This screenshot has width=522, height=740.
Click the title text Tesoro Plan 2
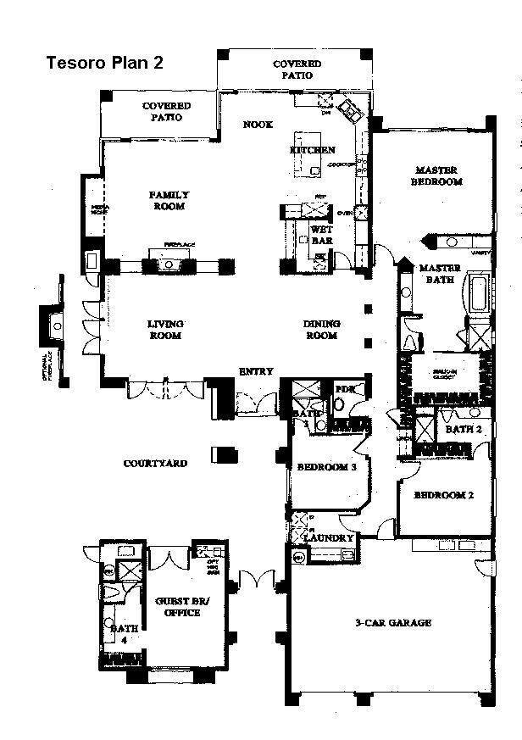pos(103,63)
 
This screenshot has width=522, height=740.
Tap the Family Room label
pos(169,200)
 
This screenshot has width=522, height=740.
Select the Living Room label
pos(165,329)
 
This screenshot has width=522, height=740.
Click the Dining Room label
pos(322,329)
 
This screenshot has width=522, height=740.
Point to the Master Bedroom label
pos(436,175)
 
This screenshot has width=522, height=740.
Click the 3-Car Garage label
pos(392,622)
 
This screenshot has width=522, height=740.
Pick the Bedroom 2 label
pos(443,495)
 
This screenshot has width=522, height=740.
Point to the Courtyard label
pos(155,464)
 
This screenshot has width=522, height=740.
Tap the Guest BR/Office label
pos(177,607)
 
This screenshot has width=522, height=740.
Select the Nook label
pos(257,125)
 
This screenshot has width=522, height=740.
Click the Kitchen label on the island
pos(312,150)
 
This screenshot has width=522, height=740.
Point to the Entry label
pos(255,371)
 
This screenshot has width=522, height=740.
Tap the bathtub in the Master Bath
pos(475,292)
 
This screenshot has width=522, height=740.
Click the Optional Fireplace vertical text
pos(49,365)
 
